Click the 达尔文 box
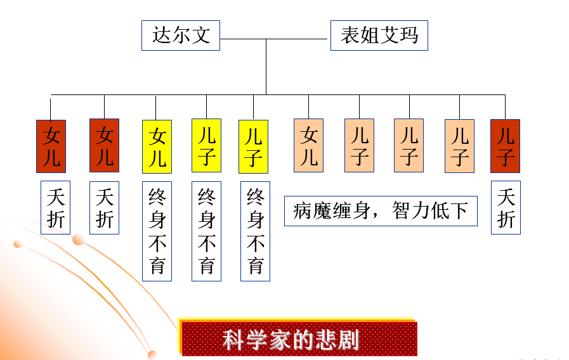tap(180, 35)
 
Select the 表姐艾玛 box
tap(379, 35)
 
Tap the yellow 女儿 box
tap(157, 146)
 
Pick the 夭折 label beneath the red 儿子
tap(506, 207)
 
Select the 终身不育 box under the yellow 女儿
tap(157, 231)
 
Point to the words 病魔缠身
tap(330, 211)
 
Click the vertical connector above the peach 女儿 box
tap(308, 106)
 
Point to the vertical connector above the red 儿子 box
tap(505, 106)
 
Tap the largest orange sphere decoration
tap(79, 239)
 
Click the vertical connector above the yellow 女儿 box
tap(156, 106)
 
